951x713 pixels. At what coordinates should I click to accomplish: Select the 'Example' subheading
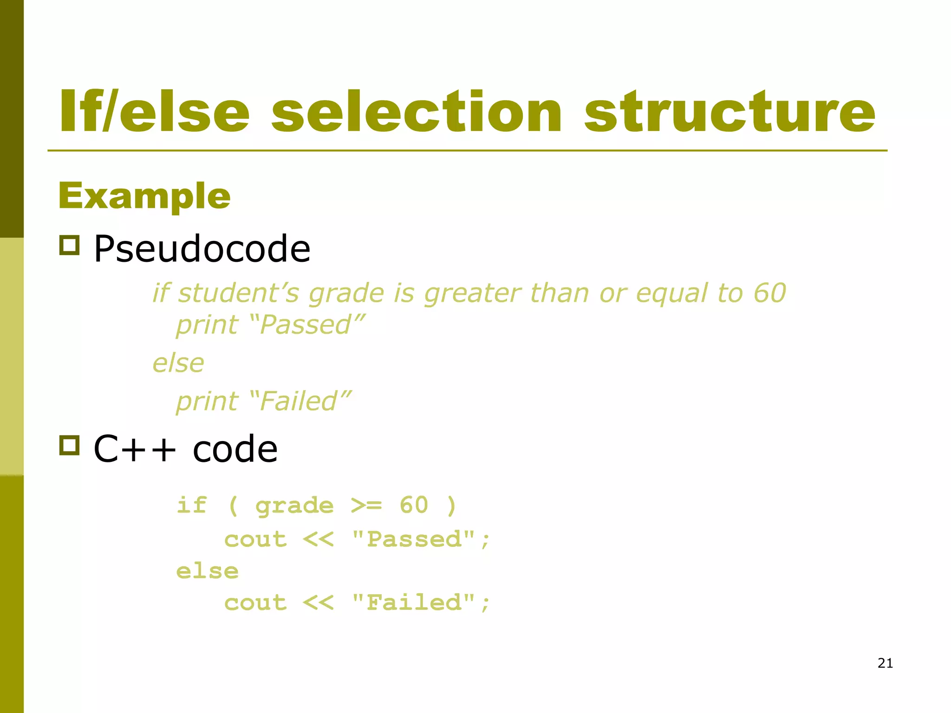point(144,196)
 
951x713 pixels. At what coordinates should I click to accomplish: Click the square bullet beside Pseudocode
point(70,245)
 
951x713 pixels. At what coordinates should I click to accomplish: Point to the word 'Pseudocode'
point(202,249)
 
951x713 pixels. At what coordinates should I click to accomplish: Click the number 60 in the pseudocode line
point(769,293)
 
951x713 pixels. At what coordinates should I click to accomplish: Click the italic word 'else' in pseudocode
point(178,363)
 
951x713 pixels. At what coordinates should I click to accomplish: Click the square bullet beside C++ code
point(70,445)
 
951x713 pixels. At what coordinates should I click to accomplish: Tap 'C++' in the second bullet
point(135,449)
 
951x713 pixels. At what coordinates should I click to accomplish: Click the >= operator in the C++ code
point(366,505)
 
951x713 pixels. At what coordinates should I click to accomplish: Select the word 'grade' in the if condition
point(294,506)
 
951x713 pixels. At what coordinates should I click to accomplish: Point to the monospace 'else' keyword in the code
point(207,571)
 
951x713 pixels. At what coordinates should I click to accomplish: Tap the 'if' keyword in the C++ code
point(191,505)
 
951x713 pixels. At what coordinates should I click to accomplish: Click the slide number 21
point(885,663)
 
